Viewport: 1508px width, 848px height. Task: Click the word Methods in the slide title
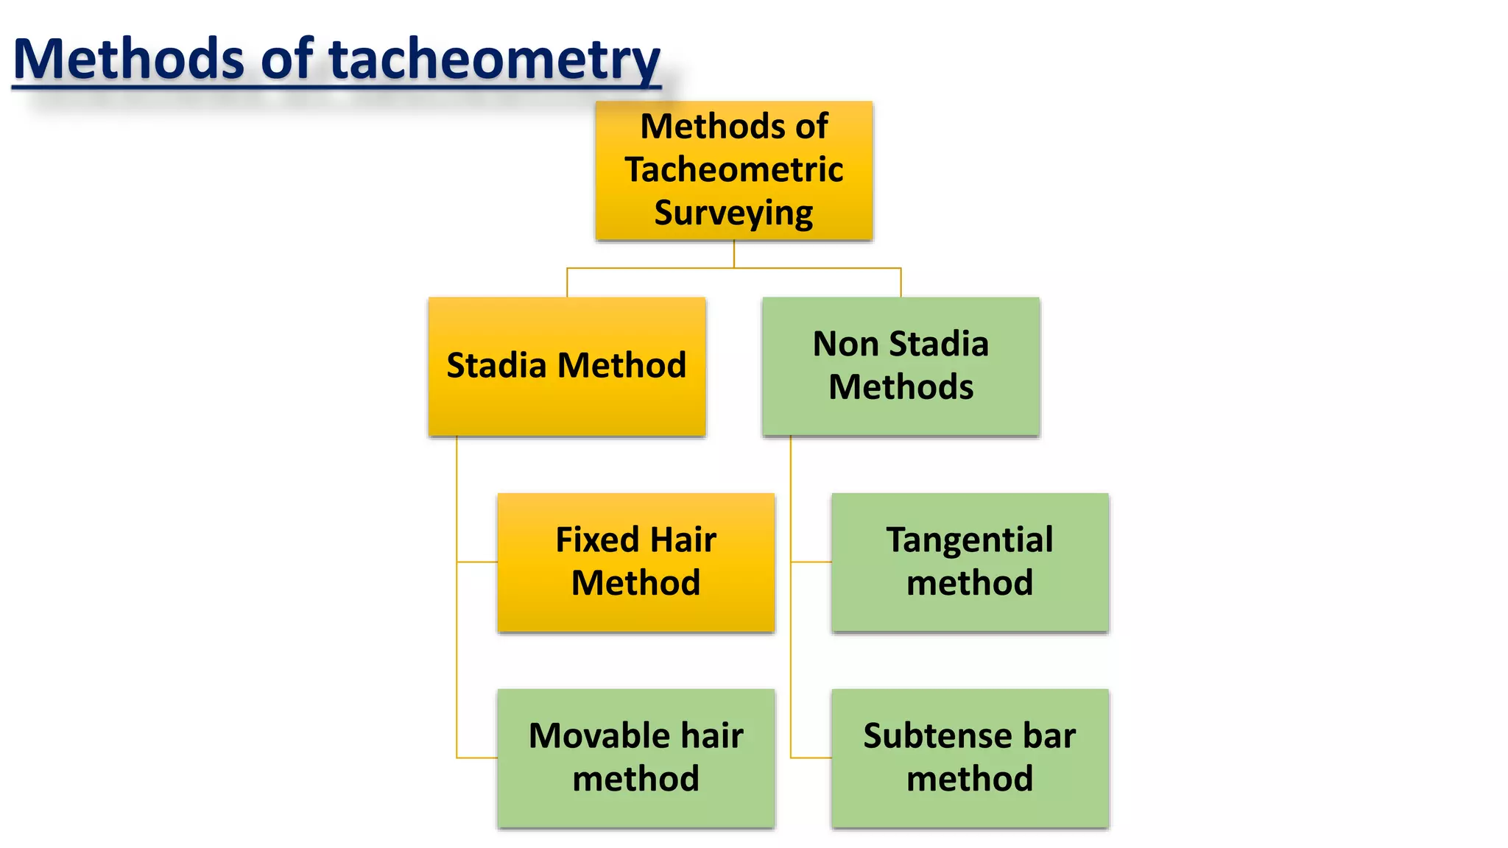click(129, 59)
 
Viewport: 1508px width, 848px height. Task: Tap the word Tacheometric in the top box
click(734, 169)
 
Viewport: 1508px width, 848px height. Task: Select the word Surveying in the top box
click(734, 213)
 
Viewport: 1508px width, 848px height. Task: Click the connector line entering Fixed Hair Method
click(477, 562)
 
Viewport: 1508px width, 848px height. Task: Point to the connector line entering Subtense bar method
click(811, 757)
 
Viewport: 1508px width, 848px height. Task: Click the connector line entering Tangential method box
click(811, 562)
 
